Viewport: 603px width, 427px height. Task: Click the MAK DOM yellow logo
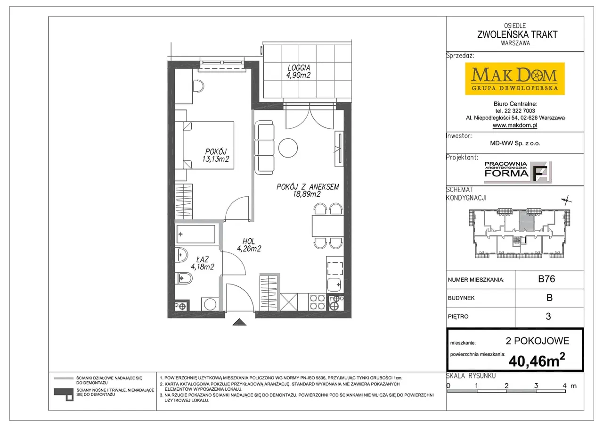coord(515,79)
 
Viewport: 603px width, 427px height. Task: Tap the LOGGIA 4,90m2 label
coord(299,71)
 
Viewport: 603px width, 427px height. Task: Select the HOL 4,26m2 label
coord(249,245)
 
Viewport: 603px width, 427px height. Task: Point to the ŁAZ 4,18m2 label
coord(203,263)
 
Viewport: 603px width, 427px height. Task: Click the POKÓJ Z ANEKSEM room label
coord(308,190)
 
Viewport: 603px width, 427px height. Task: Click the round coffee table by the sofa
coord(288,148)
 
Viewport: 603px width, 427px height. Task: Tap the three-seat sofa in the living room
coord(264,148)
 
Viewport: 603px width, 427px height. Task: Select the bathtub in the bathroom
coord(196,234)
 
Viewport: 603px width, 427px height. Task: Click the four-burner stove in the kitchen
coord(317,302)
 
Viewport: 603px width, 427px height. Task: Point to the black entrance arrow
coord(239,322)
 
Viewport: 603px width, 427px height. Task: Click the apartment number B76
coord(546,279)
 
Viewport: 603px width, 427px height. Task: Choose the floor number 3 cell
coord(548,317)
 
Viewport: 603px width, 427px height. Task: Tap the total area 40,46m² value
coord(537,360)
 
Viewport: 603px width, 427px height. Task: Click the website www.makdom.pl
coord(515,126)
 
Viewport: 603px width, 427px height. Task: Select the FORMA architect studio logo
coord(518,172)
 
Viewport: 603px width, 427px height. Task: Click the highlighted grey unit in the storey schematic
coord(526,220)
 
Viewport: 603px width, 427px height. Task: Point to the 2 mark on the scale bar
coord(506,386)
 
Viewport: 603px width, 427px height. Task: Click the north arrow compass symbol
coord(566,201)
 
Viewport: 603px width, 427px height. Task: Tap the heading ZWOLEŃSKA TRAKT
coord(517,34)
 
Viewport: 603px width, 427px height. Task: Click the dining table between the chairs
coord(327,226)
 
